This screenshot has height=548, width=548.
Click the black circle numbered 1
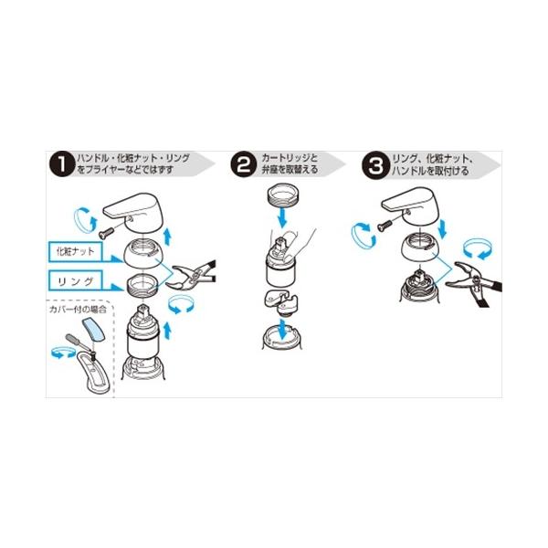tap(62, 164)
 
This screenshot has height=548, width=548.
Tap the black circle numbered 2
tap(244, 164)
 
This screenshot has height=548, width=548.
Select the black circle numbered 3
tap(375, 165)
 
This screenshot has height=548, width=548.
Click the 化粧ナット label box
tap(76, 251)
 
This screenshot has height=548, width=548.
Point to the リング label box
tap(76, 280)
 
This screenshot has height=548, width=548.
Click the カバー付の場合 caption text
tap(78, 309)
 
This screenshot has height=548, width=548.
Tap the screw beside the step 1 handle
tap(106, 232)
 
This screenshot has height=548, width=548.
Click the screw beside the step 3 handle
tap(386, 226)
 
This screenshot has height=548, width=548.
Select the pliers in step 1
tap(191, 276)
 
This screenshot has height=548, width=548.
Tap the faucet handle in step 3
tap(412, 205)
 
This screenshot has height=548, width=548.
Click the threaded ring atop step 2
tap(282, 195)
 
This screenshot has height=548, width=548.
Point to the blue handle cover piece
tap(93, 330)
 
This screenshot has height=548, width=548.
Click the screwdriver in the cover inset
tap(80, 345)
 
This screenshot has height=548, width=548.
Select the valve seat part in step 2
tap(281, 302)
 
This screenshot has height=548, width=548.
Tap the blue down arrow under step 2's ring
tap(282, 217)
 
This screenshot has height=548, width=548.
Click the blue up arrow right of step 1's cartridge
tap(168, 331)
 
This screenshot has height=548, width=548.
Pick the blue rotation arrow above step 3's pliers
tap(478, 249)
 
